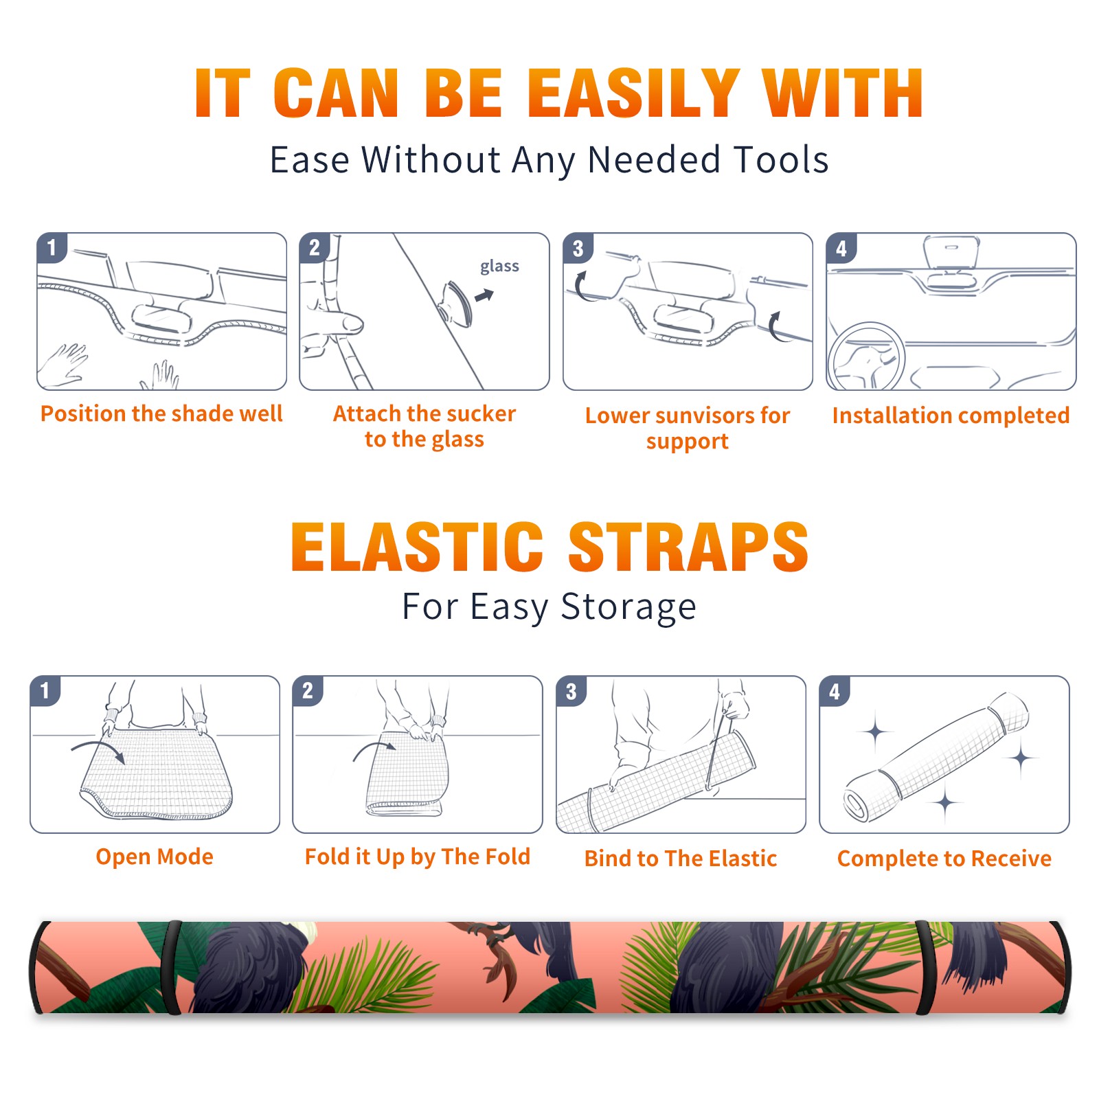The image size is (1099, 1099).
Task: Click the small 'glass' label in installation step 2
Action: point(499,266)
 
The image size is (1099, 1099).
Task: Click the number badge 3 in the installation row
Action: point(578,248)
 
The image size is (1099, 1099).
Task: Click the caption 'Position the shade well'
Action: point(161,413)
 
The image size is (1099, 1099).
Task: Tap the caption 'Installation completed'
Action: point(951,415)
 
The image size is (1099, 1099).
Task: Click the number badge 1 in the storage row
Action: point(45,690)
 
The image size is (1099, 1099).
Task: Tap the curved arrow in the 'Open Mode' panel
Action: point(98,751)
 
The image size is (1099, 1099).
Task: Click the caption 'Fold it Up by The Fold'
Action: point(418,857)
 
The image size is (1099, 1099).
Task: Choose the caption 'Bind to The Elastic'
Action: point(681,859)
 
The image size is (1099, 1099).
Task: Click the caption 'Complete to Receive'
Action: point(944,859)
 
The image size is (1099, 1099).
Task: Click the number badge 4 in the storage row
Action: point(835,691)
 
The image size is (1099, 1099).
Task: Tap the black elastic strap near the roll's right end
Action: point(925,968)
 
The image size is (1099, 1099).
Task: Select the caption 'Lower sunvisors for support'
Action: point(688,428)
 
